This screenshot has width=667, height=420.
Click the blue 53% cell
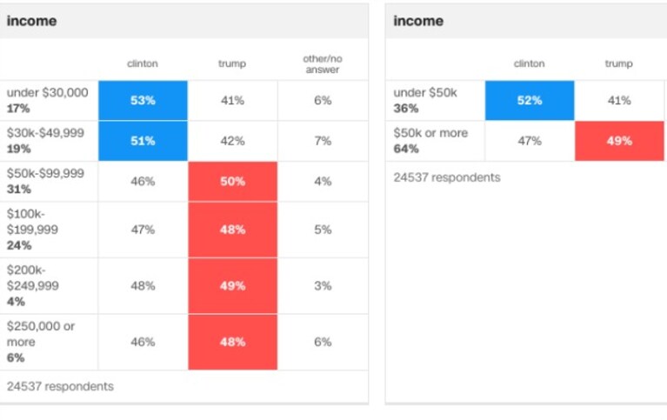(143, 100)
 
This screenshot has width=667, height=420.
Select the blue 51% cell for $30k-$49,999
(143, 141)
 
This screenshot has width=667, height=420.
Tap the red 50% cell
(233, 181)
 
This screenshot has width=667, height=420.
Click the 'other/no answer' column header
(323, 64)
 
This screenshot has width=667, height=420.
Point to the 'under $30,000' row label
(47, 92)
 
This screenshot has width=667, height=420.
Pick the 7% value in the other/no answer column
(323, 141)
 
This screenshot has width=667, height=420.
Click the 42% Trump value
(233, 141)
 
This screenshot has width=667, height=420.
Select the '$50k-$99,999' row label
(45, 173)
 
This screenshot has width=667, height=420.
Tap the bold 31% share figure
(19, 190)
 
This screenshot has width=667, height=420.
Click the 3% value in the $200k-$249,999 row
(323, 285)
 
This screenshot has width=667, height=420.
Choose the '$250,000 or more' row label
(40, 334)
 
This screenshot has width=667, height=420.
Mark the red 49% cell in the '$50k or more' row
(619, 141)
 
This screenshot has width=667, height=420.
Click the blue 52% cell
(530, 100)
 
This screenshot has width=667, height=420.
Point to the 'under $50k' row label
(425, 92)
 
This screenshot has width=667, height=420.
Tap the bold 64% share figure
(406, 149)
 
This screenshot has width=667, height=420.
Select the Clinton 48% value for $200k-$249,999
(143, 285)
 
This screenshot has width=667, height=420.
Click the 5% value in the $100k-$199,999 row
(323, 230)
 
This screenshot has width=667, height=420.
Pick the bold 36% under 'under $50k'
(406, 109)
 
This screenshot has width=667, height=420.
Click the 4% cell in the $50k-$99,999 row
(323, 181)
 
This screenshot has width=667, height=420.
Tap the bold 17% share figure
(18, 109)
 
